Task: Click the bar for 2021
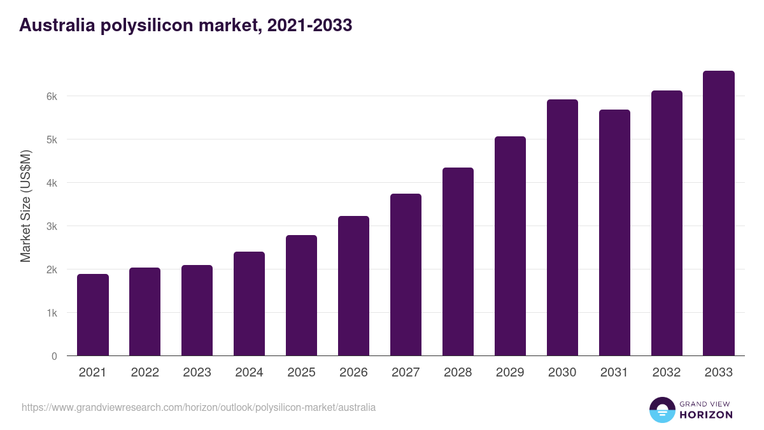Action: (93, 315)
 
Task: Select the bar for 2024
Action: (249, 304)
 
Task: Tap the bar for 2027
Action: (406, 275)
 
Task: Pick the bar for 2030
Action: (562, 227)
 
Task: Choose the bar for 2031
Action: (614, 233)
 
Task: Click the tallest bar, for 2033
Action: (719, 213)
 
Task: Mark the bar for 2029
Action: (510, 246)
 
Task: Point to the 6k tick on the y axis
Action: (52, 96)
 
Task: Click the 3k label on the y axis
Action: (52, 226)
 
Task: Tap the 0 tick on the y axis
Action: (54, 356)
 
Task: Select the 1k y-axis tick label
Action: (52, 313)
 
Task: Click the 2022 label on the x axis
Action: (145, 373)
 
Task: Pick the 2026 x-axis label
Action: (353, 373)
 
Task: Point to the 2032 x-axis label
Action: (667, 373)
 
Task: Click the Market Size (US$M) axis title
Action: (25, 206)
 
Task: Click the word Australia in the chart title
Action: (55, 25)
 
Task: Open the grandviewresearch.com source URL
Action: (199, 407)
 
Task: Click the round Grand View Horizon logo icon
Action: (662, 410)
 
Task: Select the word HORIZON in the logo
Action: (706, 415)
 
